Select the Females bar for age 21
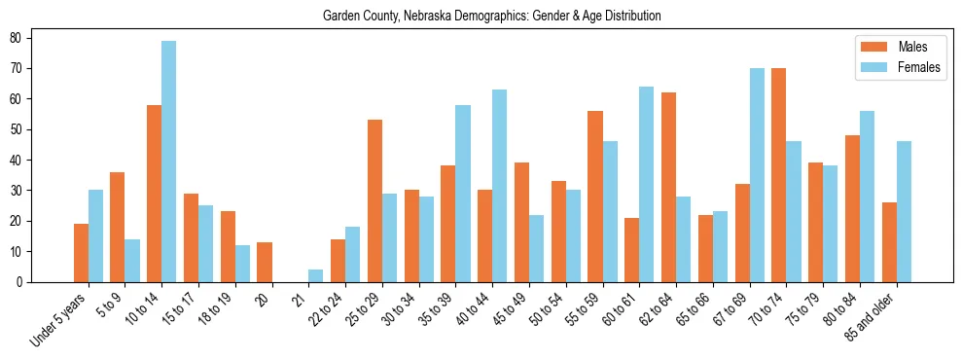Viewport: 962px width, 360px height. pyautogui.click(x=316, y=275)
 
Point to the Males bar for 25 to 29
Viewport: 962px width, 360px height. pyautogui.click(x=374, y=200)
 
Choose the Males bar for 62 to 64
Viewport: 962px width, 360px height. pyautogui.click(x=669, y=187)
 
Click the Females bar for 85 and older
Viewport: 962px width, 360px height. pyautogui.click(x=904, y=212)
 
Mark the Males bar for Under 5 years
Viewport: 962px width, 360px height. pyautogui.click(x=81, y=253)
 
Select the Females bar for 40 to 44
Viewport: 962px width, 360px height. pyautogui.click(x=500, y=186)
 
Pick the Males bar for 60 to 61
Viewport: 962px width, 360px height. pyautogui.click(x=632, y=250)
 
